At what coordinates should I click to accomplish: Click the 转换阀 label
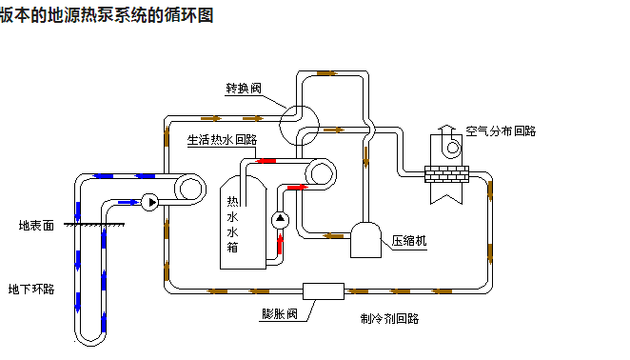coord(243,89)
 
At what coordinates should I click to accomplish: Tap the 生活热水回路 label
coord(223,139)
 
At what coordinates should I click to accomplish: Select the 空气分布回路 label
coord(501,130)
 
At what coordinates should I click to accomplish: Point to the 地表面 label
coord(37,226)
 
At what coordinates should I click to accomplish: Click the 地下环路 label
coord(31,289)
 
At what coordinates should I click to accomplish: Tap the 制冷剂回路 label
coord(389,318)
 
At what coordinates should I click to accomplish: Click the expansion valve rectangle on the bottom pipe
coord(323,290)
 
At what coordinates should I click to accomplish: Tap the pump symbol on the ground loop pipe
coord(150,202)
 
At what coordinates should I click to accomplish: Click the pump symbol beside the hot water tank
coord(280,220)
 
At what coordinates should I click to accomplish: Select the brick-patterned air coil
coord(446,174)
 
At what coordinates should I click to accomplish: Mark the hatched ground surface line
coord(96,226)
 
